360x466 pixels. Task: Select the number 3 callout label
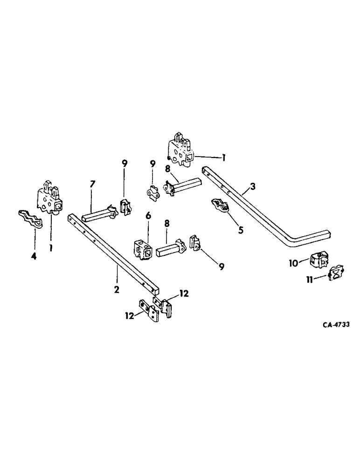pos(252,187)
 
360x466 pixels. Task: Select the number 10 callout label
pos(294,263)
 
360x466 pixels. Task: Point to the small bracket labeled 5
pos(220,205)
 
